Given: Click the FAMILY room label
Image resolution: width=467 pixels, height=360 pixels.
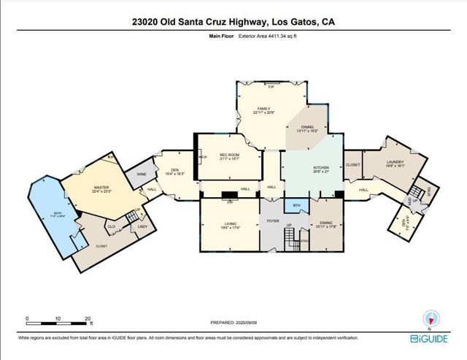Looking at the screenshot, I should point(253,110).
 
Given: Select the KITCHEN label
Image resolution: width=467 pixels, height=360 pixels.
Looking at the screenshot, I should point(321,168).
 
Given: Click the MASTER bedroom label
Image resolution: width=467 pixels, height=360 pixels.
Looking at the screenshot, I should point(101,188).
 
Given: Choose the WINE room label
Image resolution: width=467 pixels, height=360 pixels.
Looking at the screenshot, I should point(141,175).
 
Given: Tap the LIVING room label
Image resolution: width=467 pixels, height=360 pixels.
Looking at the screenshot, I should point(230,225).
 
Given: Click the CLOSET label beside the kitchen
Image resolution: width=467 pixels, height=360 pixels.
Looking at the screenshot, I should point(353,164).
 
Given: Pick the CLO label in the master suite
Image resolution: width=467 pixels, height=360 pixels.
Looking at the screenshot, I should point(112,226).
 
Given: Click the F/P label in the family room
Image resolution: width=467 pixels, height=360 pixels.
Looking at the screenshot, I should point(271,88).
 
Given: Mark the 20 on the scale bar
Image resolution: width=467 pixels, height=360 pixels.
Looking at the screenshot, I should point(87,318).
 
